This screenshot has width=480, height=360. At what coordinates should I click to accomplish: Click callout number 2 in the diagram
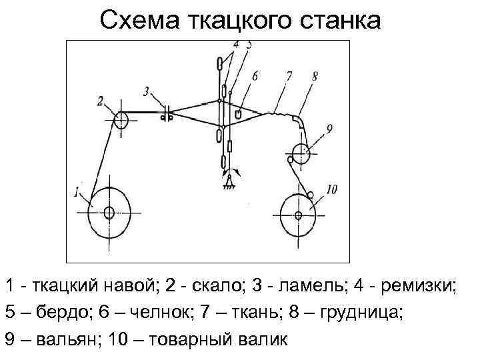[101, 101]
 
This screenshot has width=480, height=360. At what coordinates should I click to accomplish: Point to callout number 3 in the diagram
[147, 91]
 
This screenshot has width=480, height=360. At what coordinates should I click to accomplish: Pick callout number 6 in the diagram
[255, 77]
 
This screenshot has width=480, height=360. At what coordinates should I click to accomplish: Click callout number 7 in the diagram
[287, 77]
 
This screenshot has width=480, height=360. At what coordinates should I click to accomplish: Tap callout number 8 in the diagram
[314, 77]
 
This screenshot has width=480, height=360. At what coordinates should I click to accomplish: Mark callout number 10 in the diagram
[331, 190]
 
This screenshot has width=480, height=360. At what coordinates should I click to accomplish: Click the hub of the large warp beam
[109, 213]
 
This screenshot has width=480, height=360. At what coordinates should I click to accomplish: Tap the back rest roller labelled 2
[121, 121]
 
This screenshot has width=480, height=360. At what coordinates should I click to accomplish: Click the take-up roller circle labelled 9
[301, 154]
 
